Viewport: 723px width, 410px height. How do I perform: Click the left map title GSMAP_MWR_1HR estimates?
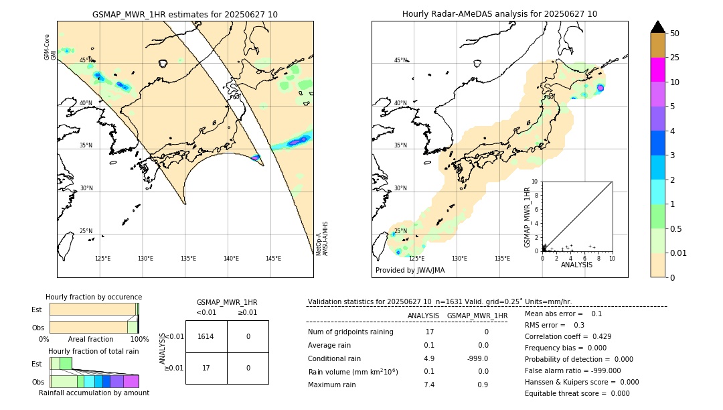click(x=185, y=14)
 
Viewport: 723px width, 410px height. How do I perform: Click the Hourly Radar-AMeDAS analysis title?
click(x=499, y=14)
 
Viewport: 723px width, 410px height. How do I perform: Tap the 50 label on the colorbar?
click(x=675, y=33)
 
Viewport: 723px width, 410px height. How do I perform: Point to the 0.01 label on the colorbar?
click(x=679, y=253)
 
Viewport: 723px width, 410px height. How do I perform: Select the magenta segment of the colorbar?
click(x=657, y=70)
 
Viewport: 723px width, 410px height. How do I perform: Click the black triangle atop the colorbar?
click(x=657, y=27)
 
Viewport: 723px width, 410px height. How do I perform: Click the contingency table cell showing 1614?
click(x=206, y=336)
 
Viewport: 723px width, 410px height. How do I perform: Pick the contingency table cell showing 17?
click(x=206, y=368)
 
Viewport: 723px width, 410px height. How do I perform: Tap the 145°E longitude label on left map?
click(x=273, y=259)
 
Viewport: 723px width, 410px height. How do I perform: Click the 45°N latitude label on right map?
click(x=400, y=60)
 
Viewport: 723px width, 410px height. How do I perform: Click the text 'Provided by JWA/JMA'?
click(x=410, y=271)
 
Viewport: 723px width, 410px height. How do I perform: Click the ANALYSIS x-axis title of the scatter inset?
click(x=577, y=265)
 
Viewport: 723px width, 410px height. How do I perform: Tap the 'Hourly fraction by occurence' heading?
click(x=94, y=297)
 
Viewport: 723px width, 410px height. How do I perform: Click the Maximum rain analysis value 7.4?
click(x=429, y=385)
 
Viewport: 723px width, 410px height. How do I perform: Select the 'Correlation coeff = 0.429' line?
click(x=568, y=336)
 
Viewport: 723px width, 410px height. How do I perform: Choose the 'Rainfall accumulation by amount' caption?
click(x=94, y=393)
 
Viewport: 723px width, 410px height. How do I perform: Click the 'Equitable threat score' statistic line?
click(x=577, y=393)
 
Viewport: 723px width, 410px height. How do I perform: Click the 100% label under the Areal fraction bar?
click(x=139, y=340)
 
